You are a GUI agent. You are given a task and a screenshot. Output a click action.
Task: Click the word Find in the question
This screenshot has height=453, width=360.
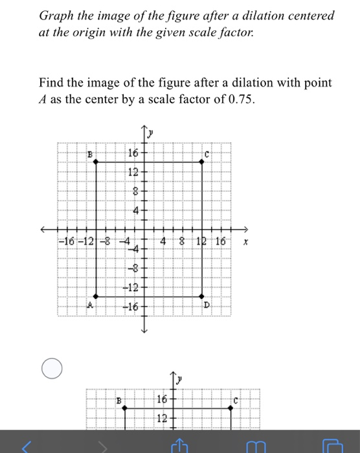[52, 83]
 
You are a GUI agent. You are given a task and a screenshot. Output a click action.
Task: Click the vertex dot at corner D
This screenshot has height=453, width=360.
[201, 297]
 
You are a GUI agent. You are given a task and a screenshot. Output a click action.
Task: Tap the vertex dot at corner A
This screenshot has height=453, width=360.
[96, 297]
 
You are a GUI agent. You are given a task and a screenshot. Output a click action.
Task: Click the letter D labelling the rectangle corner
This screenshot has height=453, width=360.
[207, 304]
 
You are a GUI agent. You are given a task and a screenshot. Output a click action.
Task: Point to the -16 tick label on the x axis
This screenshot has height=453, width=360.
[67, 241]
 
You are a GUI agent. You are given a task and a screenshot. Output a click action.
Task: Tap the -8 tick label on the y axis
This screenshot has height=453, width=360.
[133, 267]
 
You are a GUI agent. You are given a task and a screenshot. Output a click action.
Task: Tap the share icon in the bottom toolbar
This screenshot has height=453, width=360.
[180, 444]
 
